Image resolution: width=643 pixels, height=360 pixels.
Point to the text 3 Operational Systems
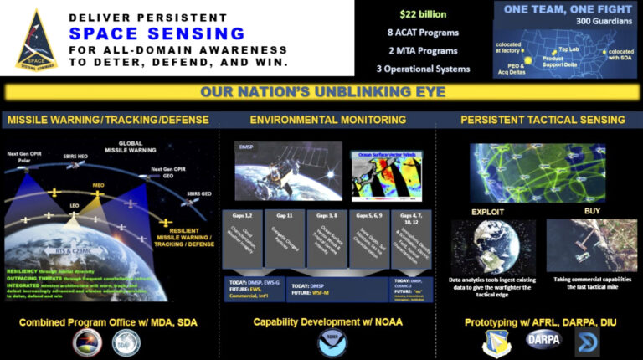[x=423, y=69]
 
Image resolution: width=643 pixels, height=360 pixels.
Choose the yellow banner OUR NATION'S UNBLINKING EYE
[x=321, y=92]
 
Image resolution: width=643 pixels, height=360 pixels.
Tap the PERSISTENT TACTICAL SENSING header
[x=543, y=120]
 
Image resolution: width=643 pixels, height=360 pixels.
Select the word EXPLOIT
[x=490, y=212]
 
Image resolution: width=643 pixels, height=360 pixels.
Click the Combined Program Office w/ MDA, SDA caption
[x=109, y=321]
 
